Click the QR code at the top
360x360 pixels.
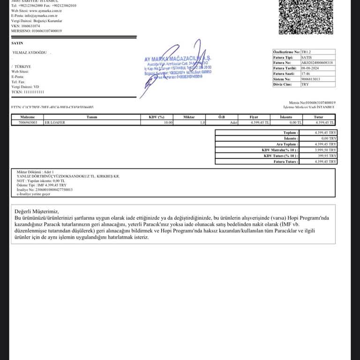306,16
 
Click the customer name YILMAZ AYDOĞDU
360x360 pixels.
30,52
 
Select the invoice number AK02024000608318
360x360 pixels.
317,62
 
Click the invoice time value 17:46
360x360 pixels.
305,74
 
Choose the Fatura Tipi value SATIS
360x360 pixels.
307,57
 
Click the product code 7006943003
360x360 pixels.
28,122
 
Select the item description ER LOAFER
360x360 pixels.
54,122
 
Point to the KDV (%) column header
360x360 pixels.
157,117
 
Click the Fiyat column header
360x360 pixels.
254,117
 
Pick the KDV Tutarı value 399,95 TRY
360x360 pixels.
327,156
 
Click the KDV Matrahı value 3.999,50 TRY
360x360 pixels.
326,150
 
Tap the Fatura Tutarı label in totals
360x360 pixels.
286,161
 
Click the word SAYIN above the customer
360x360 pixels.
17,43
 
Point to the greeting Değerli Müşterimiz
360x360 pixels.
37,212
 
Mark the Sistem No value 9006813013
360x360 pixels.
311,79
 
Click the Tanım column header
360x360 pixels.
92,117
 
